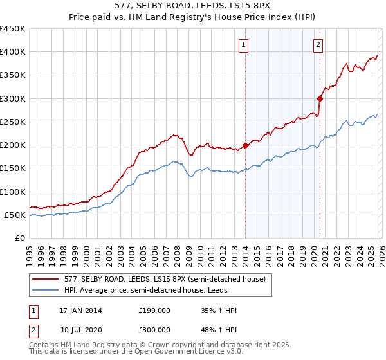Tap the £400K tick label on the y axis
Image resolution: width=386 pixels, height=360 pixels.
coord(13,52)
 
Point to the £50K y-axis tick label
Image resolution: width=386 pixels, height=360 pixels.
coord(15,215)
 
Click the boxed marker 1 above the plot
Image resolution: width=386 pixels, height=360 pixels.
coord(245,44)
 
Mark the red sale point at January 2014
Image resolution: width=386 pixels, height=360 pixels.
coord(246,145)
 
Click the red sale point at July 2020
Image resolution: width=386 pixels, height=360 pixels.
coord(320,98)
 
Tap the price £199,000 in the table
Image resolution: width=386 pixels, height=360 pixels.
coord(154,310)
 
